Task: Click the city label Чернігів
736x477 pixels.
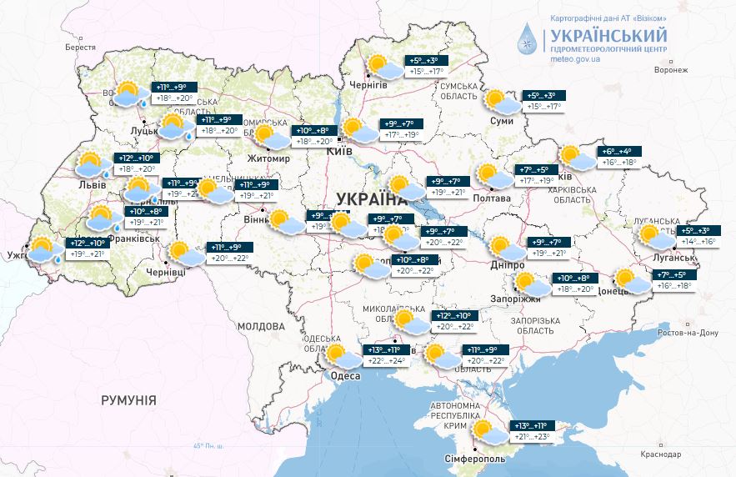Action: pyautogui.click(x=368, y=86)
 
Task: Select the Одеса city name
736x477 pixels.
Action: pyautogui.click(x=344, y=377)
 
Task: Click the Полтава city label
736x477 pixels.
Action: pyautogui.click(x=492, y=198)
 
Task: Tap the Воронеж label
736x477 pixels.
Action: pyautogui.click(x=672, y=70)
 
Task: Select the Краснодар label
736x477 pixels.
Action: pyautogui.click(x=661, y=454)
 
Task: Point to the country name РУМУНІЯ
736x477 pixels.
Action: pyautogui.click(x=128, y=400)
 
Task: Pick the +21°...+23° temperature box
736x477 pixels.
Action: pyautogui.click(x=533, y=437)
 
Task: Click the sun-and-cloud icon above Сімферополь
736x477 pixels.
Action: pyautogui.click(x=486, y=431)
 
